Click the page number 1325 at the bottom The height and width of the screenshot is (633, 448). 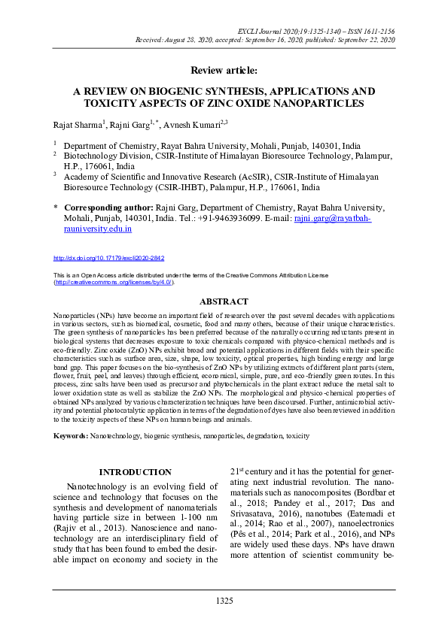coord(224,601)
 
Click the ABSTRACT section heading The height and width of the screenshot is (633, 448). coord(224,301)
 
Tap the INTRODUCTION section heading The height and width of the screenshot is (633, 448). coord(136,471)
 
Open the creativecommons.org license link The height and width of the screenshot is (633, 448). coord(114,283)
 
